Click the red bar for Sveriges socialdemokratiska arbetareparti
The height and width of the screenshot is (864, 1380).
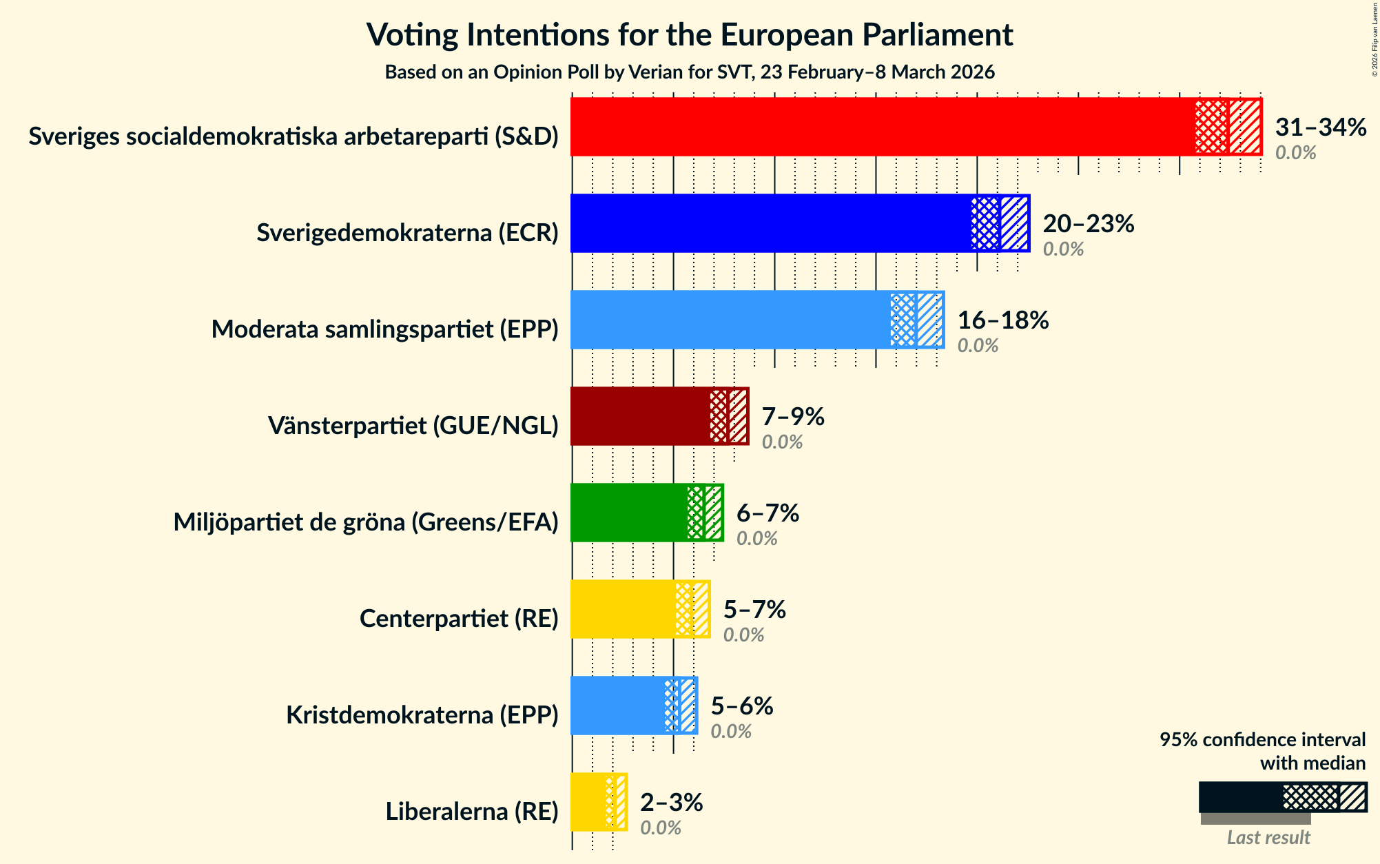point(882,127)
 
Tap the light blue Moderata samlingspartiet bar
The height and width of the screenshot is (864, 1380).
point(730,320)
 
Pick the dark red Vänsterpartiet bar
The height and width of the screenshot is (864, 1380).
point(641,416)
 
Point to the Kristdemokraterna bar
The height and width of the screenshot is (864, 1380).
point(617,706)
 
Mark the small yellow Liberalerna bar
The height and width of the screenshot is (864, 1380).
point(589,802)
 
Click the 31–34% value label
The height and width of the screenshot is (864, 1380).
point(1320,127)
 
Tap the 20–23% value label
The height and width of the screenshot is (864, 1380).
point(1088,224)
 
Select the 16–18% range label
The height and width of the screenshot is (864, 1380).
point(1002,320)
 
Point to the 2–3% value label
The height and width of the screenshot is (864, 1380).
point(671,803)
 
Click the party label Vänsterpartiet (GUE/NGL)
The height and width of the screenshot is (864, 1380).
point(413,426)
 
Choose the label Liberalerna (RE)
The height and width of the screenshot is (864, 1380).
point(471,812)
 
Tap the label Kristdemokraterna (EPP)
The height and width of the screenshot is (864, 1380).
point(422,715)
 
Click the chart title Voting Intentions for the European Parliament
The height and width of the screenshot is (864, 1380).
point(689,34)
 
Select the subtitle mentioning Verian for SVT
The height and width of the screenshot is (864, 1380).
point(689,72)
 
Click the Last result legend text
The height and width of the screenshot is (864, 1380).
point(1268,837)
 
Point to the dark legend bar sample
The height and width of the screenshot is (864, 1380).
point(1240,797)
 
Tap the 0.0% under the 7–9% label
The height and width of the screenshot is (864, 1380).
point(782,442)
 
